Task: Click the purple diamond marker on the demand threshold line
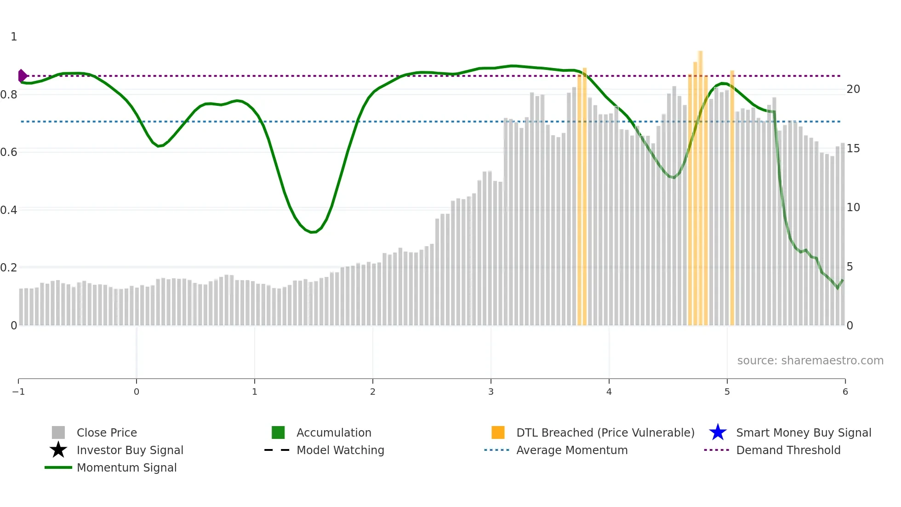coord(22,75)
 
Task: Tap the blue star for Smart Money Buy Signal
coord(718,432)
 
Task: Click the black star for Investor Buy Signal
coord(58,450)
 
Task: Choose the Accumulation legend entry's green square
coord(278,432)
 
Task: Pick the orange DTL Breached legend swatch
coord(498,432)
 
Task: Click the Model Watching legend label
coord(340,450)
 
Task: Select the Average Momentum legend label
coord(572,450)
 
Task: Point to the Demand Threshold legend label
coord(788,450)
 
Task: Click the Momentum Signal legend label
coord(126,467)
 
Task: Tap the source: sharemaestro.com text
coord(810,361)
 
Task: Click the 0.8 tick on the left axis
coord(9,95)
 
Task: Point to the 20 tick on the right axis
coord(853,89)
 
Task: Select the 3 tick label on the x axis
coord(491,392)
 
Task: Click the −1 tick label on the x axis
coord(18,392)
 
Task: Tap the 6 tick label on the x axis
coord(845,392)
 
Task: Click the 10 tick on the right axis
coord(853,207)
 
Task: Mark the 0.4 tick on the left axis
coord(9,210)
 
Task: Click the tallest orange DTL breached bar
coord(700,184)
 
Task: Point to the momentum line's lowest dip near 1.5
coord(313,232)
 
